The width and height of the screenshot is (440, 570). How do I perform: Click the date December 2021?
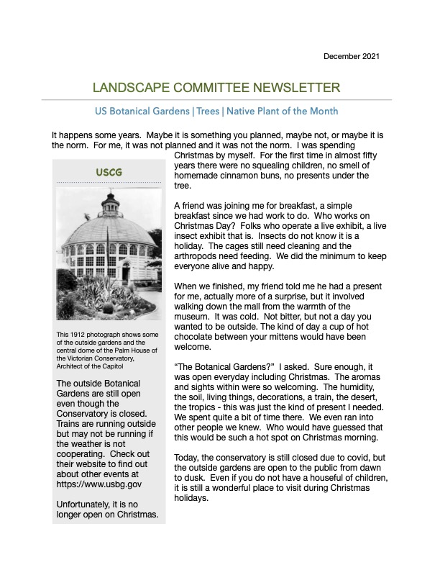[351, 55]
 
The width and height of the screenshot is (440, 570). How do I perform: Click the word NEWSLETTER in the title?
[296, 89]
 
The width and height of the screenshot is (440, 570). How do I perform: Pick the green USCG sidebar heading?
[108, 172]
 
